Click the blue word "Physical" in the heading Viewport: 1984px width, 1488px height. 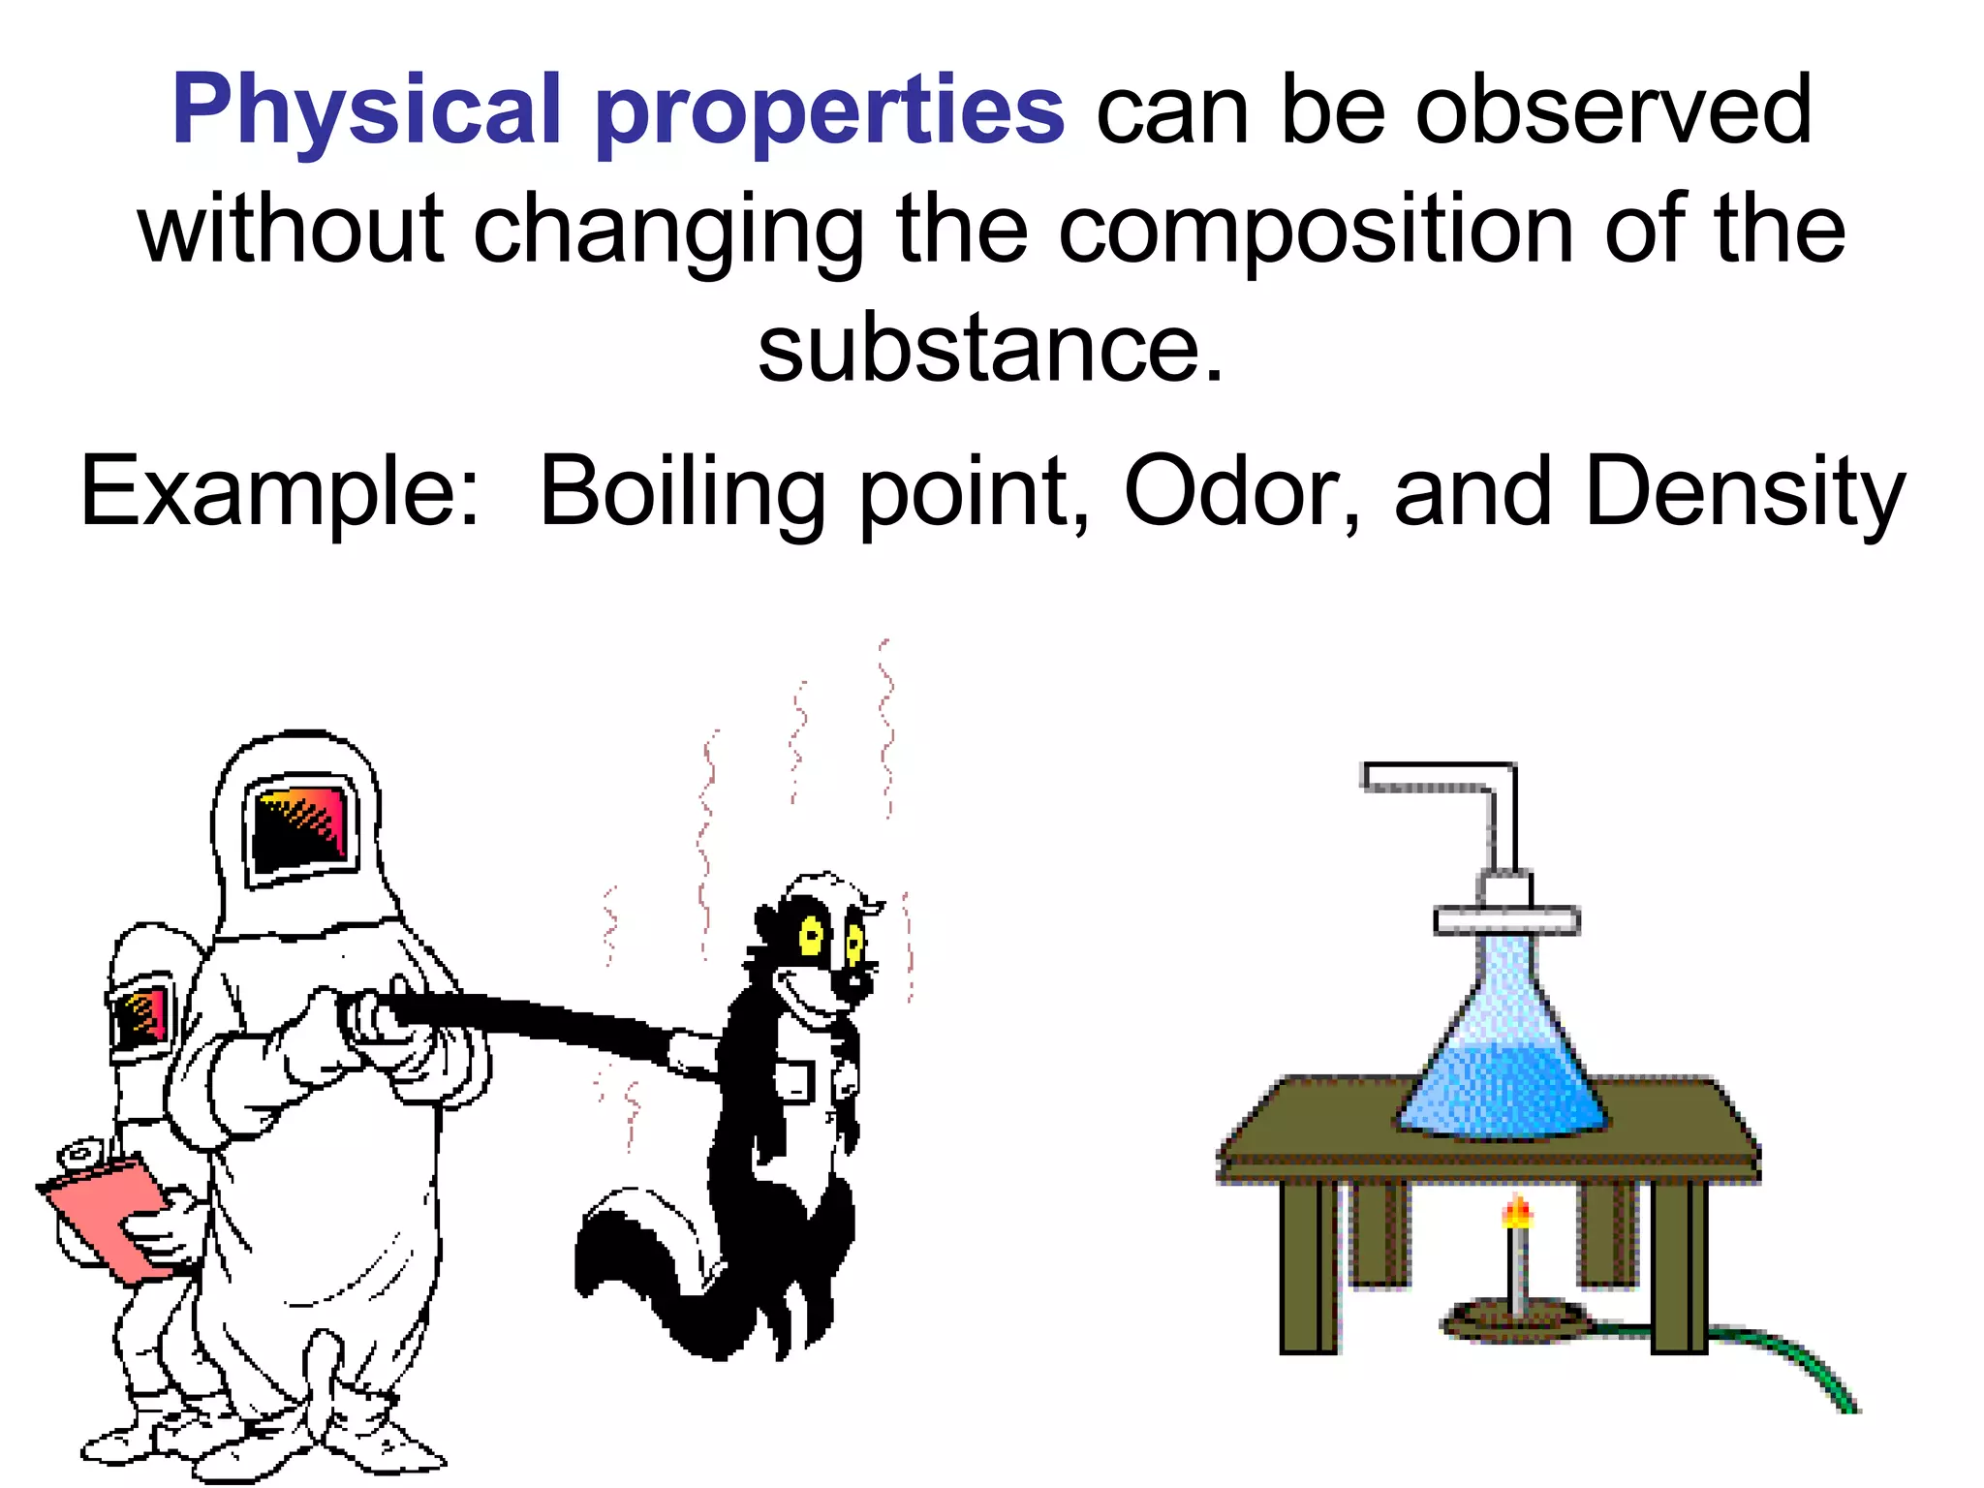pyautogui.click(x=366, y=111)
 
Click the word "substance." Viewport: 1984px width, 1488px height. pyautogui.click(x=990, y=349)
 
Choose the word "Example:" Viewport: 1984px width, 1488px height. pyautogui.click(x=279, y=494)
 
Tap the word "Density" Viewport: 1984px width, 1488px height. pyautogui.click(x=1744, y=494)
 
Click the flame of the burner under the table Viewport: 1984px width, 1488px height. pyautogui.click(x=1517, y=1212)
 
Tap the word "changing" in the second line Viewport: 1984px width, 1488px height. pyautogui.click(x=668, y=232)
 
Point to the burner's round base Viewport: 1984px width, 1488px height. pyautogui.click(x=1516, y=1322)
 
